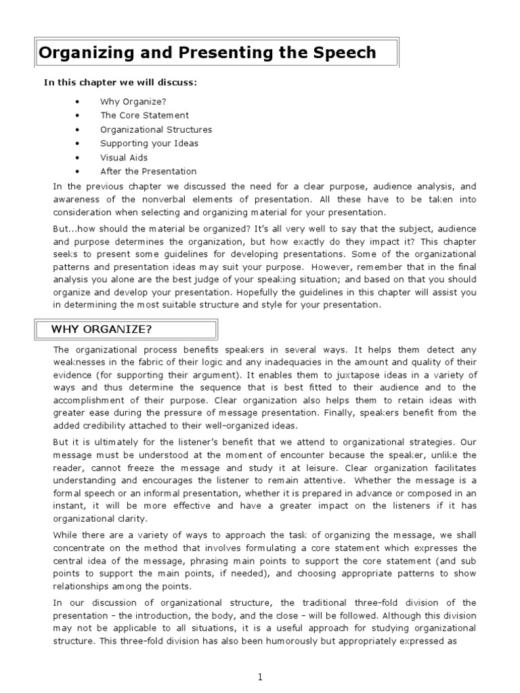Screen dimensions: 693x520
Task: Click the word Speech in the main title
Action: [x=342, y=53]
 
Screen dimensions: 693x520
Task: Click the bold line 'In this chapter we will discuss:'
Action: [x=121, y=83]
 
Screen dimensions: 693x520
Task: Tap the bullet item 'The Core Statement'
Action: [x=144, y=115]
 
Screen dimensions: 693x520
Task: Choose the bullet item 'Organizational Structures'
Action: [x=156, y=129]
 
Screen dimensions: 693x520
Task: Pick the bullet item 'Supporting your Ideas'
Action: [x=149, y=143]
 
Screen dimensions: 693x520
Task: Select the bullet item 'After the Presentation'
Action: [x=148, y=171]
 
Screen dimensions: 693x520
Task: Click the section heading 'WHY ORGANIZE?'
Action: [x=102, y=330]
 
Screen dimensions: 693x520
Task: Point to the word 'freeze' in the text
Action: [x=187, y=468]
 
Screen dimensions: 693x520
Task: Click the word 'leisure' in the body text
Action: [x=325, y=468]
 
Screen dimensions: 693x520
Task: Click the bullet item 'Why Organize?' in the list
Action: [x=133, y=102]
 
